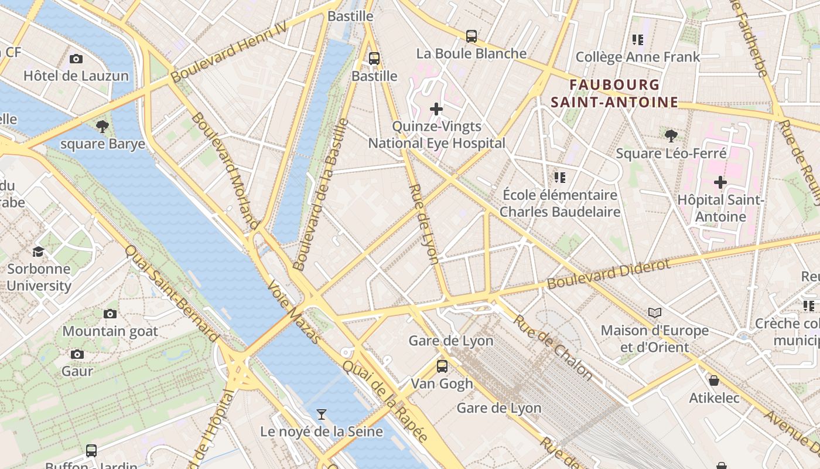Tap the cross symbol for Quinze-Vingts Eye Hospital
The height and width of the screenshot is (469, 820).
point(436,109)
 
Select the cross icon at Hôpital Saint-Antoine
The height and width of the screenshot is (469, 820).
point(720,182)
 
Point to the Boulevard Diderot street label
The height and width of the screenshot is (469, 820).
point(609,274)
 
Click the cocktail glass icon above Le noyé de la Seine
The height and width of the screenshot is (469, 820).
point(321,414)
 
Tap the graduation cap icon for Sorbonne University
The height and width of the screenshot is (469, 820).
point(38,252)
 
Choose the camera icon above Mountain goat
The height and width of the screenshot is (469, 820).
point(110,314)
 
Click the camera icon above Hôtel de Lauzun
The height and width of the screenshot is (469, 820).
point(76,59)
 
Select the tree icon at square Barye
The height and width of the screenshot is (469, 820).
point(102,126)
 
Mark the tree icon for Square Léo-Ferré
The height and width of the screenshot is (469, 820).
point(671,136)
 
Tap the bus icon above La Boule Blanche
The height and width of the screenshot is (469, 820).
point(471,36)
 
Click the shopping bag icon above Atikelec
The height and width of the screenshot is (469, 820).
point(713,380)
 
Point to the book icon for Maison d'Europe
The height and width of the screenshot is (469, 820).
point(654,313)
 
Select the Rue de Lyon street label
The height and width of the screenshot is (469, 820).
point(423,225)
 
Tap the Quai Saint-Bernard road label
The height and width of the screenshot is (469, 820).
point(172,293)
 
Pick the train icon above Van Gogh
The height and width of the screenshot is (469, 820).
point(442,366)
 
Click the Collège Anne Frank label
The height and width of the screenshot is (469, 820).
point(638,57)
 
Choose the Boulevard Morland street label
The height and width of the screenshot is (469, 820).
point(225,171)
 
